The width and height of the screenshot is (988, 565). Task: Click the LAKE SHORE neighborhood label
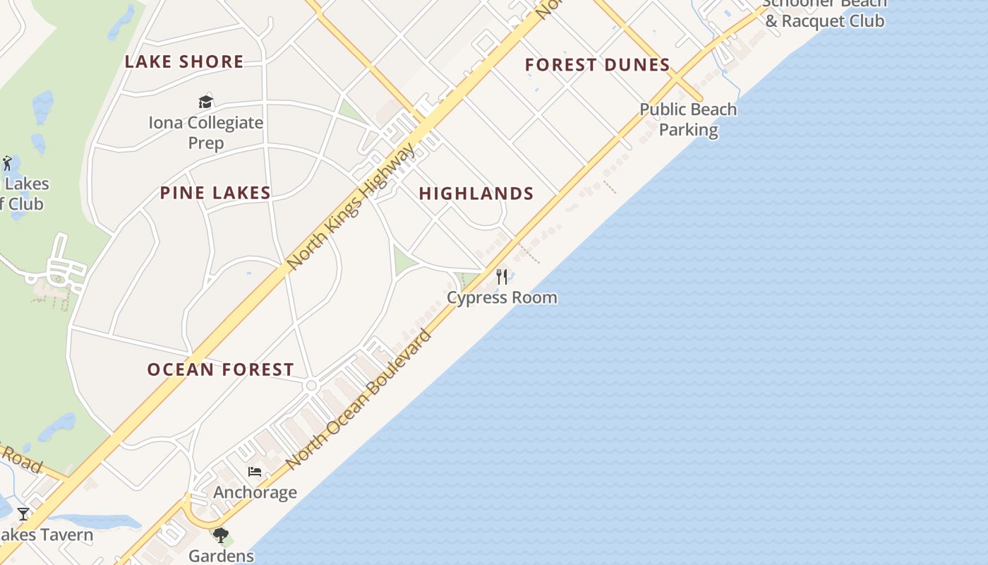click(184, 62)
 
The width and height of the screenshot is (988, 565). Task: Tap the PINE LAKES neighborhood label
click(215, 193)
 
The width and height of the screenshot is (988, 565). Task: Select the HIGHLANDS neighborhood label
click(476, 194)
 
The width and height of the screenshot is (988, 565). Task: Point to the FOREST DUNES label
click(597, 65)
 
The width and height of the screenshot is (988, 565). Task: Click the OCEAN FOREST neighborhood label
click(220, 369)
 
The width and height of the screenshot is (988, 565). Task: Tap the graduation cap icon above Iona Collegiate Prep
click(205, 102)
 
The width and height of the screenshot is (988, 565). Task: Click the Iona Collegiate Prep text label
click(206, 132)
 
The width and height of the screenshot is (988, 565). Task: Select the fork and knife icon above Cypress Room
click(502, 275)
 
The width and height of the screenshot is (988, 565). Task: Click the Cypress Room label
click(502, 297)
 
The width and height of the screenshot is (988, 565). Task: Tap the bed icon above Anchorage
click(255, 471)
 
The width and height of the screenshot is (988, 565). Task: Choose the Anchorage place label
click(255, 492)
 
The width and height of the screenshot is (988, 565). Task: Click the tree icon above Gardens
click(221, 535)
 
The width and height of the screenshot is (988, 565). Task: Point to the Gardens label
click(221, 555)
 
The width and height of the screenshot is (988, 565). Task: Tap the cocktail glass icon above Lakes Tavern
click(23, 513)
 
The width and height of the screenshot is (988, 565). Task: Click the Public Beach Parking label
click(688, 119)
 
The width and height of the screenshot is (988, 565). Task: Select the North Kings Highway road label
click(351, 206)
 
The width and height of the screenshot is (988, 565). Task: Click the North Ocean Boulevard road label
click(359, 399)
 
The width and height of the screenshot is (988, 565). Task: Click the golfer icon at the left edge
click(7, 163)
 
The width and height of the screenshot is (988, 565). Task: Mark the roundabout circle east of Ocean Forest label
click(311, 386)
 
